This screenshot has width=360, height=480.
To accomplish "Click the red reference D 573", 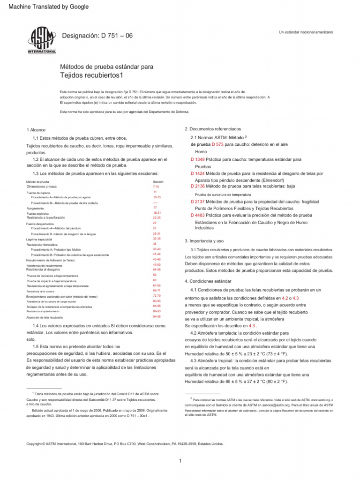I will [217, 144].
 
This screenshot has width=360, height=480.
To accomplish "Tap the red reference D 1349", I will [197, 159].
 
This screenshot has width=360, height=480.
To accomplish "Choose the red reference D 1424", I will [197, 173].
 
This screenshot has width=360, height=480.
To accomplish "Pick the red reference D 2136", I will [197, 186].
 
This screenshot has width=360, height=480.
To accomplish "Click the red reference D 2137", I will [197, 201].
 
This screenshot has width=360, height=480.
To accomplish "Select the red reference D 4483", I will [197, 215].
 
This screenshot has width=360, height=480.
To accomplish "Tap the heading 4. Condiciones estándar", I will [208, 281].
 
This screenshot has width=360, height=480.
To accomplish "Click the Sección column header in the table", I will [158, 181].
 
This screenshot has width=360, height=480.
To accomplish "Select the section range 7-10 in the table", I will [156, 187].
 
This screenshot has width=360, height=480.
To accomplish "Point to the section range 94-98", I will [157, 316].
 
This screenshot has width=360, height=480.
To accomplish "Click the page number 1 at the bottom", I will [180, 462].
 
